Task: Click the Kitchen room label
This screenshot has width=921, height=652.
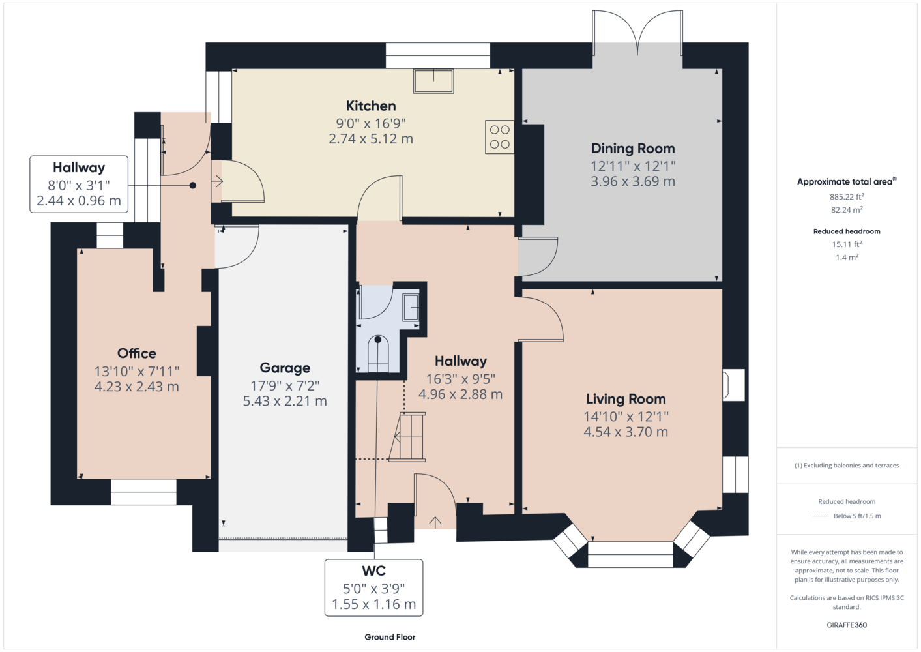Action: click(371, 106)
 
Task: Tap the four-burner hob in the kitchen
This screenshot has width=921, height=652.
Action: click(499, 137)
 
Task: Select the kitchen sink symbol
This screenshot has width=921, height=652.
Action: click(433, 81)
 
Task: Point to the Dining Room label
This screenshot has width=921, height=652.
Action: click(633, 148)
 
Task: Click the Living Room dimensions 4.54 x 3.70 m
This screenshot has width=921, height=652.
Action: click(626, 432)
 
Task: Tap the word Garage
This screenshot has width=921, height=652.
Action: click(285, 368)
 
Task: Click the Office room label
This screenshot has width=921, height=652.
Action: click(137, 353)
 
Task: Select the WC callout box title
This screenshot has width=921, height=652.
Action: click(373, 570)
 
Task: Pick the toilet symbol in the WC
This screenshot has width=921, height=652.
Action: click(378, 354)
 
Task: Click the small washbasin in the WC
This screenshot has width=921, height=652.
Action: click(411, 307)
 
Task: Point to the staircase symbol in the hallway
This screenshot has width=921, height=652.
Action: click(407, 437)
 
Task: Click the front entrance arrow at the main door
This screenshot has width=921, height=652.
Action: click(435, 522)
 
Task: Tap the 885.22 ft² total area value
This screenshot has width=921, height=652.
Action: click(847, 196)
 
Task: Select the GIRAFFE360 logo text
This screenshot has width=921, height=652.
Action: click(847, 625)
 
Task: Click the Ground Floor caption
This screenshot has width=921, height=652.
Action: click(390, 637)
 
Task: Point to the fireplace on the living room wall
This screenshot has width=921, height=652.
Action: click(733, 385)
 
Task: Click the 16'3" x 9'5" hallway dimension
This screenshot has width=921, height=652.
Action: click(460, 378)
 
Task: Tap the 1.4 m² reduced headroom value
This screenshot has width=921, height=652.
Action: click(847, 257)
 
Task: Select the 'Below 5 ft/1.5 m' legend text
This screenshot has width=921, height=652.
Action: click(857, 516)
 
